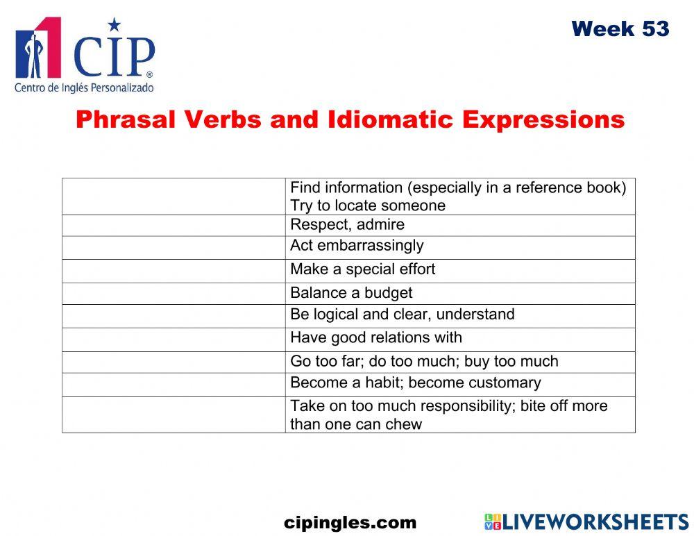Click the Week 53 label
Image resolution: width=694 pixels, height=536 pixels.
pos(620,29)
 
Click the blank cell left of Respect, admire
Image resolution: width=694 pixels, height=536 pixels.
pos(173,226)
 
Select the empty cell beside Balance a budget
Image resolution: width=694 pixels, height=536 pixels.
pos(173,294)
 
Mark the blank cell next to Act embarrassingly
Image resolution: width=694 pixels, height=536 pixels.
pos(173,247)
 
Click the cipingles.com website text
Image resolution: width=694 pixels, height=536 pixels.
pos(350,523)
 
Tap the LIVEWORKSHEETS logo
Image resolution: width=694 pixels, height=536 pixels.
pos(586,522)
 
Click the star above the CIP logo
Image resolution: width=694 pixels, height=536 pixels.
pos(115,26)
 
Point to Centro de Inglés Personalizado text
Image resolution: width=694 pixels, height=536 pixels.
pos(83,88)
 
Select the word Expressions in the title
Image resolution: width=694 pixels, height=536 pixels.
pos(543,119)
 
